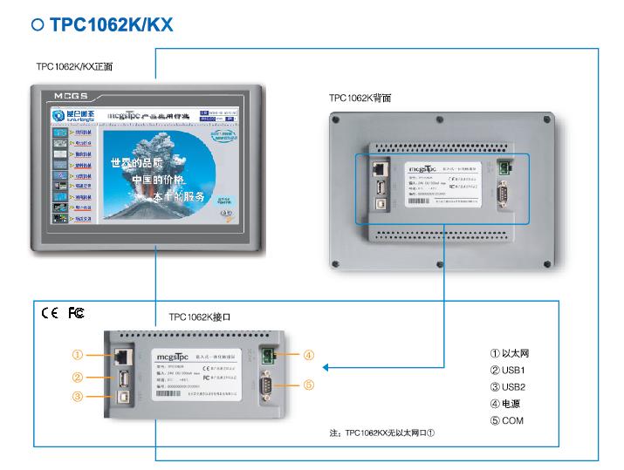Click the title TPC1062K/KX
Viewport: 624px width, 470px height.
(111, 25)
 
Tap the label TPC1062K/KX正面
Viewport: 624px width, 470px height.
(74, 65)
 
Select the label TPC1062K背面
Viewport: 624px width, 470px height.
(360, 99)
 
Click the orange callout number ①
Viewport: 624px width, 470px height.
(78, 355)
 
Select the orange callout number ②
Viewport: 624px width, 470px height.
(78, 378)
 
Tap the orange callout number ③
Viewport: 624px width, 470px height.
(78, 398)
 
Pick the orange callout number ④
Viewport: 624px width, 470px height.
(309, 355)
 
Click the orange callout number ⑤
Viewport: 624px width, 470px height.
(309, 385)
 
